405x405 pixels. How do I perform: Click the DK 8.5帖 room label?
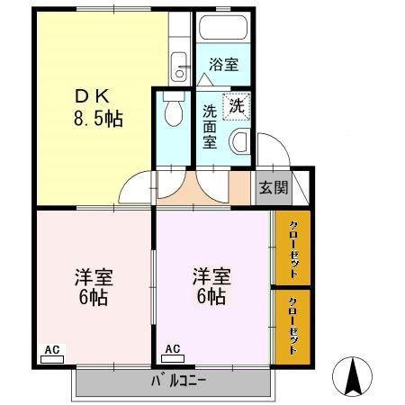[x=97, y=106]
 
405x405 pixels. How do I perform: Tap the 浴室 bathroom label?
[x=223, y=64]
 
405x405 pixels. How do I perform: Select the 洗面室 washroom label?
[x=209, y=126]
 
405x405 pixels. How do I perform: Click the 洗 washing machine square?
[x=236, y=104]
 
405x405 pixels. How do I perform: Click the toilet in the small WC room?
[x=174, y=112]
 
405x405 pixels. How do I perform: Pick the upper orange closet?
[x=292, y=247]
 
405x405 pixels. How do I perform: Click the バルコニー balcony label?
[x=175, y=382]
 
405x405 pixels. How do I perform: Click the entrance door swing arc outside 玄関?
[x=269, y=149]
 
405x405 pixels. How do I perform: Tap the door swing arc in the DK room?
[x=137, y=187]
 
